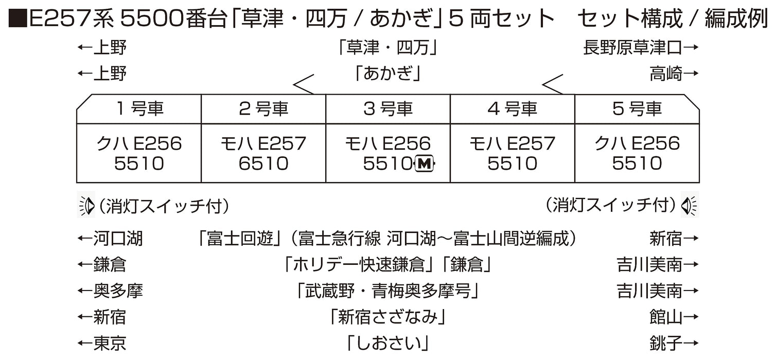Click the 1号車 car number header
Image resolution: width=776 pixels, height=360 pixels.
coord(139,109)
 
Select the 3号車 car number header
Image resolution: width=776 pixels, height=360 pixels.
coord(388,109)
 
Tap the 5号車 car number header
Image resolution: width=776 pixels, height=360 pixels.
coord(637,109)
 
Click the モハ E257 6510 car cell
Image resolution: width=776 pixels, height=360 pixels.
coord(263,153)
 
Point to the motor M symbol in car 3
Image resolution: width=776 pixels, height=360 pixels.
coord(424,164)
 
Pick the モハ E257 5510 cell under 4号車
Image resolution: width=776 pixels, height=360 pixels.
coord(513,153)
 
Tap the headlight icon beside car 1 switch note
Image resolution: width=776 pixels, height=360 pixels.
coord(86,206)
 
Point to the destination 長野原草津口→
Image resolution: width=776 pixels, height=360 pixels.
coord(641,48)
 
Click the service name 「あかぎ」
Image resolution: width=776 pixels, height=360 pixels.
coord(388,74)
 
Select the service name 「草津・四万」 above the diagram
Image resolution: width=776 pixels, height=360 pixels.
coord(388,48)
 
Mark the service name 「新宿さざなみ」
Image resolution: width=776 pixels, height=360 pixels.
coord(388,317)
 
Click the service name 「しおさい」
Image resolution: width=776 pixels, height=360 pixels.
coord(388,343)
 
